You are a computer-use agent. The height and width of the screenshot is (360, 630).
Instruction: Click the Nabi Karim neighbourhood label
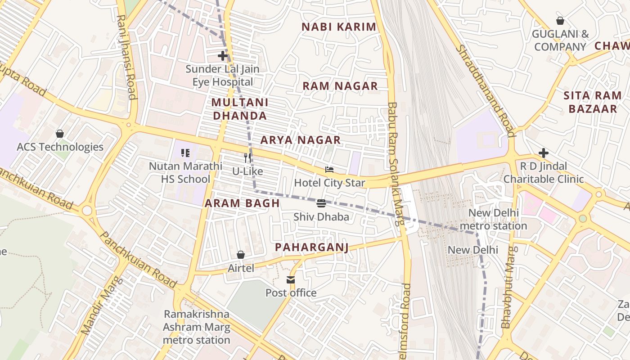click(338, 27)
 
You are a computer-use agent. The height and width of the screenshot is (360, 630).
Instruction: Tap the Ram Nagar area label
click(340, 86)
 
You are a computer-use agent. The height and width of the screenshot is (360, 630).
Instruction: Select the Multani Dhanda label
click(239, 109)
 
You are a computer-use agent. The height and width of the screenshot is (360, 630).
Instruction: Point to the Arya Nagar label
click(301, 140)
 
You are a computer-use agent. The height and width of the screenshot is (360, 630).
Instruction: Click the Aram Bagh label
click(243, 203)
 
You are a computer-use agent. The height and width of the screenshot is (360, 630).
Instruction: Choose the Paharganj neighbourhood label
click(312, 247)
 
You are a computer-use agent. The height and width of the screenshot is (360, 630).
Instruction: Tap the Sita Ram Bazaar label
click(593, 102)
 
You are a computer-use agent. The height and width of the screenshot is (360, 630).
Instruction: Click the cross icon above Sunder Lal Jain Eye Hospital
click(222, 56)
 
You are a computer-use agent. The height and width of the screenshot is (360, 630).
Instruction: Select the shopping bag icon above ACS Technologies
click(60, 134)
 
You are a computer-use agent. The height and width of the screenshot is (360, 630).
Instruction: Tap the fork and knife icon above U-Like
click(247, 157)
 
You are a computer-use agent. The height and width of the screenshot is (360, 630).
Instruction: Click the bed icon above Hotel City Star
click(329, 170)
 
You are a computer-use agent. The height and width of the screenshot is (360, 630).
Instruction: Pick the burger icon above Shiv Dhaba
click(321, 203)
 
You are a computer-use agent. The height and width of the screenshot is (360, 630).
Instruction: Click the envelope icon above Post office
click(291, 280)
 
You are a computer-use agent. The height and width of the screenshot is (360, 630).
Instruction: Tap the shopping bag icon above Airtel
click(241, 255)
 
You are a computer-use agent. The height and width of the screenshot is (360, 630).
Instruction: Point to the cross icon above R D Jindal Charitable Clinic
click(544, 153)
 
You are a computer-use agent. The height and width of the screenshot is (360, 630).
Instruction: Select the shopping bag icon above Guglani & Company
click(560, 21)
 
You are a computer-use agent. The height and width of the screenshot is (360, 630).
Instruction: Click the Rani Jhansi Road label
click(126, 57)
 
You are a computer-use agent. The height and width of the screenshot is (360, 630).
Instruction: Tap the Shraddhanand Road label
click(485, 90)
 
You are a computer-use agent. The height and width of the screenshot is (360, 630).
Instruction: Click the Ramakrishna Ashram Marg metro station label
click(196, 327)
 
